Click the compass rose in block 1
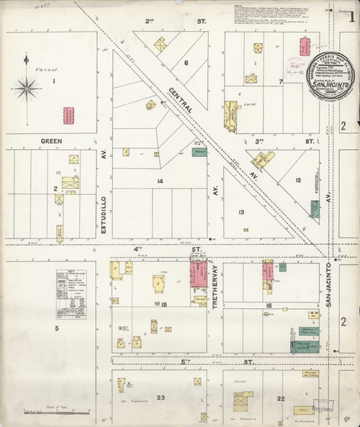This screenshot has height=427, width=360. point(29,89)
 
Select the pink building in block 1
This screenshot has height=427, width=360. point(70,116)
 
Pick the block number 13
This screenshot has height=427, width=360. point(242,212)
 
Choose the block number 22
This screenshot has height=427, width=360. point(281,398)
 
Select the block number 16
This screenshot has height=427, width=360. point(268,306)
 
